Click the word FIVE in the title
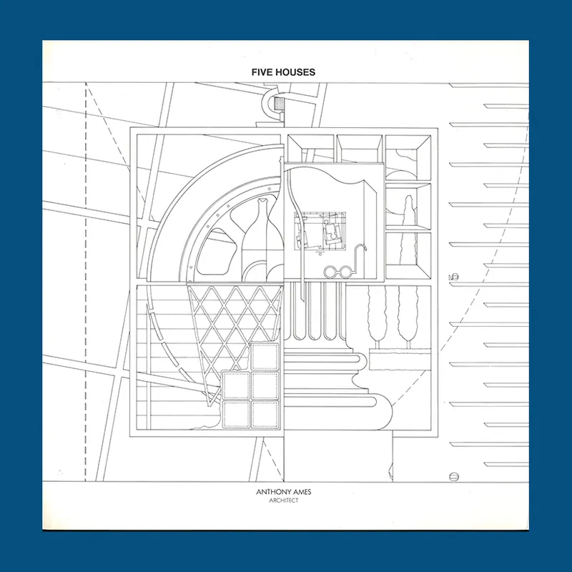[x=260, y=72]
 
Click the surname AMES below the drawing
[x=301, y=492]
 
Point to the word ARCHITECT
[x=284, y=500]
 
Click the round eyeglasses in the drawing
[x=338, y=271]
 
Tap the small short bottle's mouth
[x=262, y=201]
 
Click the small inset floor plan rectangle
[x=320, y=230]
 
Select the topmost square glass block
[x=265, y=356]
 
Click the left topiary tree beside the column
[x=378, y=317]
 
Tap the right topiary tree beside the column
[x=408, y=317]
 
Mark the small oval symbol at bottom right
[x=454, y=476]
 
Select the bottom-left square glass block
[x=237, y=415]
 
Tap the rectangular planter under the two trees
[x=400, y=360]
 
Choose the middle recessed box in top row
[x=360, y=148]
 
